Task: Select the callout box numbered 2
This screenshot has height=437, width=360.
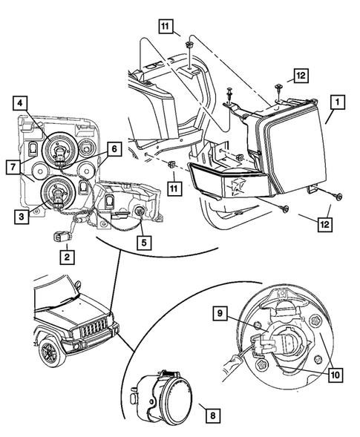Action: pos(66,257)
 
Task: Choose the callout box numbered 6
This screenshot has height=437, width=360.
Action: pos(114,149)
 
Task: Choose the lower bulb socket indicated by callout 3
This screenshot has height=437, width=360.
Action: pos(55,194)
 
